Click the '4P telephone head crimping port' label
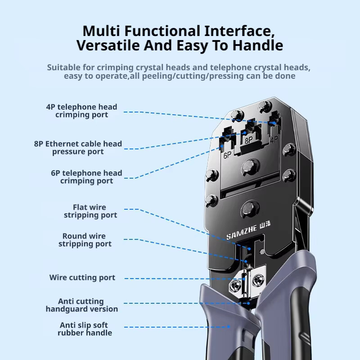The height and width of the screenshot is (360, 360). click(81, 111)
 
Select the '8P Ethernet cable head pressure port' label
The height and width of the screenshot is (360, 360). click(78, 148)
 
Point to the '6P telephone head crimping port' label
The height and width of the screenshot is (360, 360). click(86, 177)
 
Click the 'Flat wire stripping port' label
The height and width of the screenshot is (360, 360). click(90, 211)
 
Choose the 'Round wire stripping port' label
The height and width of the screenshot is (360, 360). click(85, 240)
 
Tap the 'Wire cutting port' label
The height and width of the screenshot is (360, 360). click(82, 277)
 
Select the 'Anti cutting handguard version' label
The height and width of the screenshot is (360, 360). click(82, 305)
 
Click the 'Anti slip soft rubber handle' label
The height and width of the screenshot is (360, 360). click(85, 329)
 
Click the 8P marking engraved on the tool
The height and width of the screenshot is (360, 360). click(249, 140)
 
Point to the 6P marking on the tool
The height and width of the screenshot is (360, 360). click(228, 155)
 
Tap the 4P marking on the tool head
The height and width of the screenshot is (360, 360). click(274, 139)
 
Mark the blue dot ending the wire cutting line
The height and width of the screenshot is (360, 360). click(244, 279)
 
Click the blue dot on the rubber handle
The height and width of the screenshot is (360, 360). click(229, 327)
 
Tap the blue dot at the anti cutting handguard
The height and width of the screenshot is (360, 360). click(248, 303)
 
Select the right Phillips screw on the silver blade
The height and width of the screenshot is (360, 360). click(258, 280)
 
